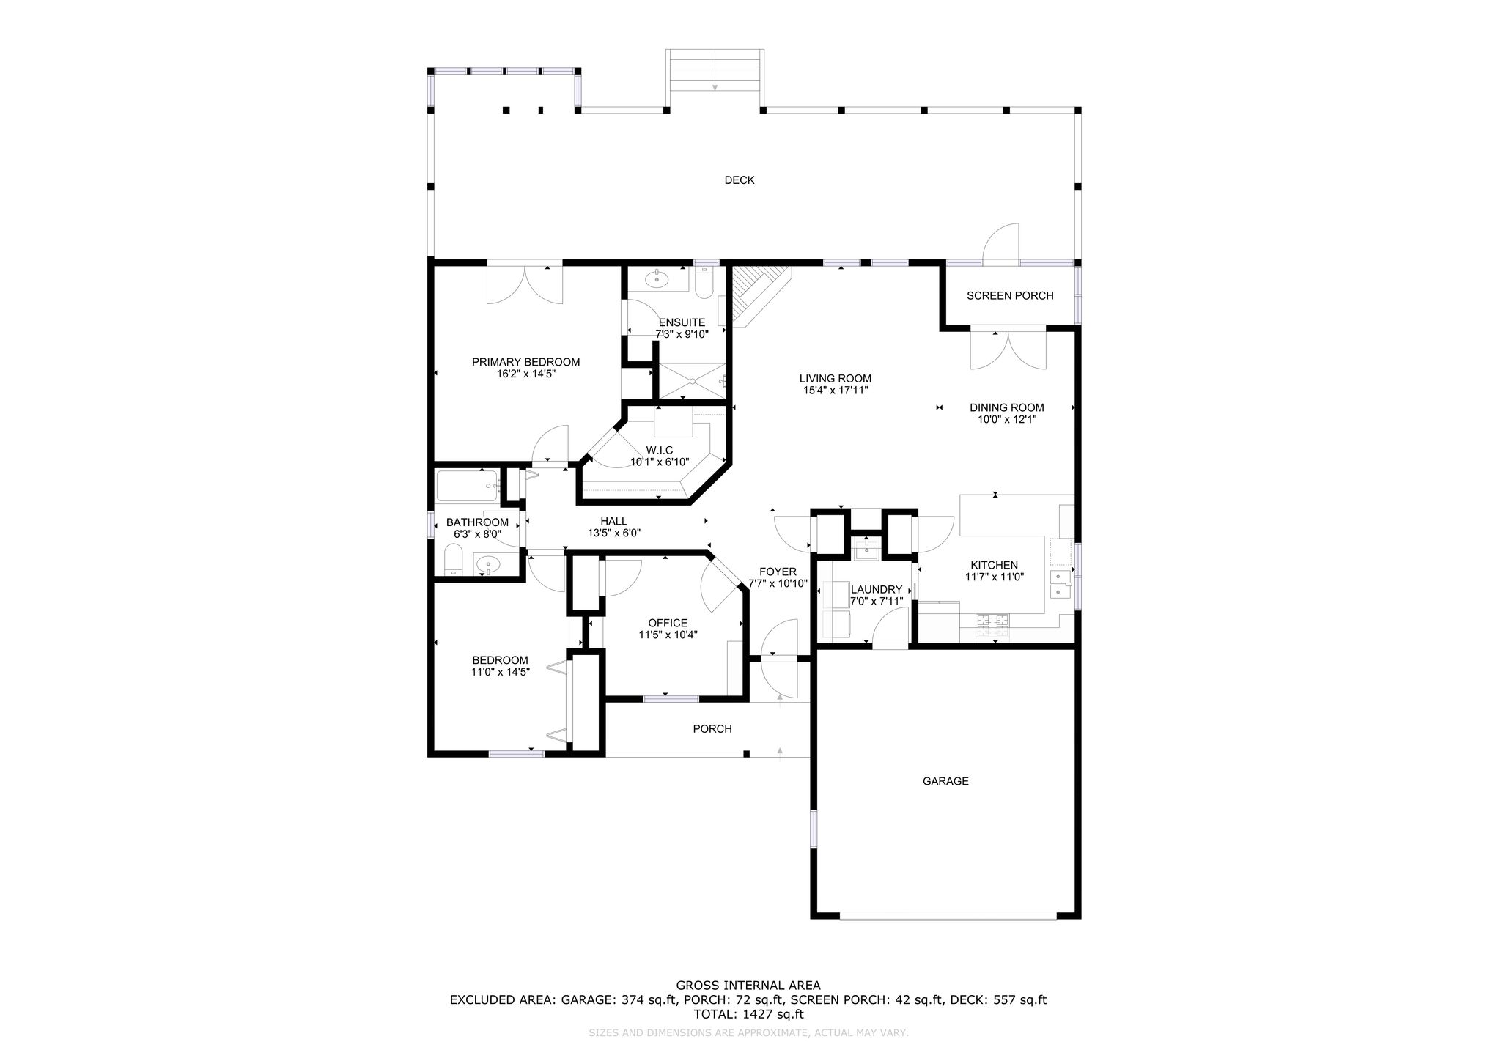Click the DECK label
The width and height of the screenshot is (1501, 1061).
pos(739,180)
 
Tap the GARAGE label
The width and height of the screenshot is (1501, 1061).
pos(945,781)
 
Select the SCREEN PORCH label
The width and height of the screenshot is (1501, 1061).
pos(1010,296)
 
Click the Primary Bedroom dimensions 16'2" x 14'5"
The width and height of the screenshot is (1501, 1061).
pos(525,374)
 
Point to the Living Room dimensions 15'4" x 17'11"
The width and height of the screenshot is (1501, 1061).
pos(836,391)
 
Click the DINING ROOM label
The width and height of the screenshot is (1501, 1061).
pos(1007,407)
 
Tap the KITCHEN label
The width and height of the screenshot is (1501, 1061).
pos(995,565)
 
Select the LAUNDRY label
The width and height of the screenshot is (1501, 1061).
pos(877,589)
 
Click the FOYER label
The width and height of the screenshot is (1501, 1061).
pos(778,572)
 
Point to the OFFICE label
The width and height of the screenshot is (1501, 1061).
pos(668,623)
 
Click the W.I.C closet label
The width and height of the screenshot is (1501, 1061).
pos(660,450)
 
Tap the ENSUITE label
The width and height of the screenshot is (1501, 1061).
pos(682,322)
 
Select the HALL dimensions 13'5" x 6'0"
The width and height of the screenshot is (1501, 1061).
pos(614,533)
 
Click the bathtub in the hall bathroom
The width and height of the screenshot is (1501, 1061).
pos(468,485)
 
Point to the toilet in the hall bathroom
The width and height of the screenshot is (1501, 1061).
pos(454,561)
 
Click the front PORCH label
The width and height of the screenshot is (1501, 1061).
pos(712,729)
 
